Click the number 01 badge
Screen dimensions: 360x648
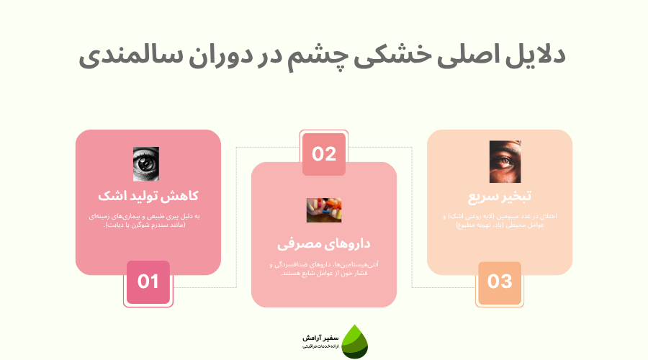coord(148,282)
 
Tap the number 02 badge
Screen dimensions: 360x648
coord(324,153)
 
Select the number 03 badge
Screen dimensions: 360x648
coord(500,282)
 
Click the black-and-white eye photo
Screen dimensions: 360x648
coord(146,164)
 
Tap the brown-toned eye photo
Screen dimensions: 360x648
coord(505,161)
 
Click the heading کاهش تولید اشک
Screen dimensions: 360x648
coord(148,196)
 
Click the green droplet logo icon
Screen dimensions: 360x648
coord(354,341)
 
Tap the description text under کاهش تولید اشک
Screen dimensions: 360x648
coord(148,221)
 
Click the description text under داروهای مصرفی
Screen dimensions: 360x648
coord(324,269)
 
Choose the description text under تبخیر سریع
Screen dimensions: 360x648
coord(500,221)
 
